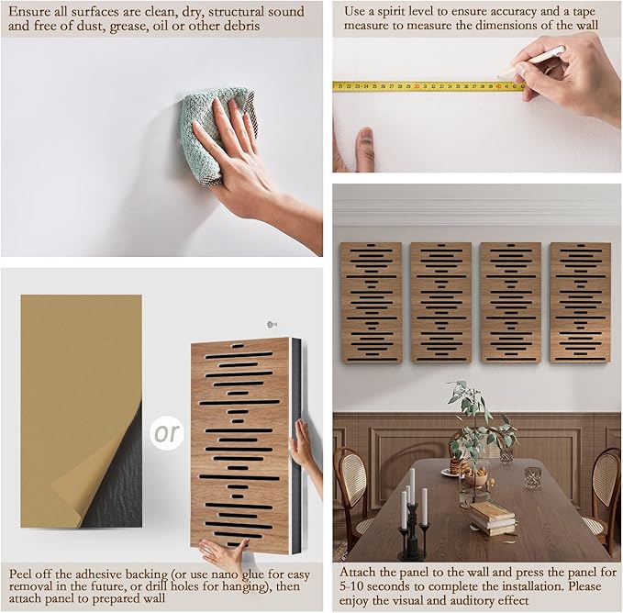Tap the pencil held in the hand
(532, 61)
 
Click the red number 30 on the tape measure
(417, 86)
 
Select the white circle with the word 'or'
(167, 433)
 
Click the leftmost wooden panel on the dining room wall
(371, 303)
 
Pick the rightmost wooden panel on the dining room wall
(580, 303)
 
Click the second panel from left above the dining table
(441, 303)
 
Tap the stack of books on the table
(492, 518)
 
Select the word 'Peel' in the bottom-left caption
(19, 574)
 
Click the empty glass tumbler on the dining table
(532, 478)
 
